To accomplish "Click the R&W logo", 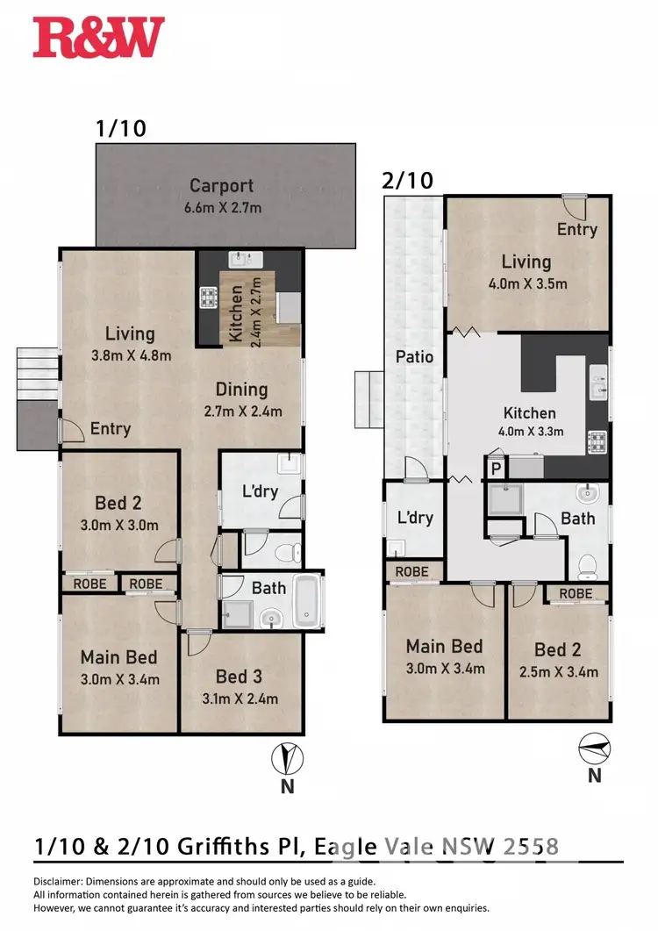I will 98,38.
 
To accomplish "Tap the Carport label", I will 222,186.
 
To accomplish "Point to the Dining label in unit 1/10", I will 242,390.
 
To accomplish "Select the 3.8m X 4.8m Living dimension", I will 130,355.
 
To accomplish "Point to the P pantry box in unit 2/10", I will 495,468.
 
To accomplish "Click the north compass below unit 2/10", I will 594,748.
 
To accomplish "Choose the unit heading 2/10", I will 407,181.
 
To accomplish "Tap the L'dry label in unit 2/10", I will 415,518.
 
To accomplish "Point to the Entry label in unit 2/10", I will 577,229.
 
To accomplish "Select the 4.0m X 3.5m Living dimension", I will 526,283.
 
